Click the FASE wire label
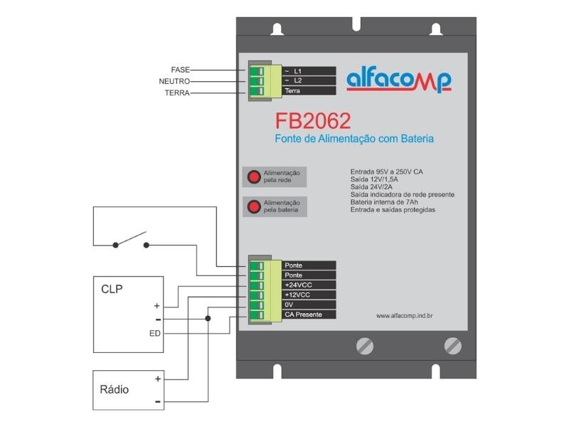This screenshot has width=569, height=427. (180, 70)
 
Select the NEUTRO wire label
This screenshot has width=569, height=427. (174, 81)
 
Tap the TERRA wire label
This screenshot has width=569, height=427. (177, 93)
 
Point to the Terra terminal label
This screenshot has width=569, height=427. (292, 91)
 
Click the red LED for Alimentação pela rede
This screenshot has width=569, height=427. (253, 176)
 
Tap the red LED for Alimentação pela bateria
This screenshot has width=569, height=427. (253, 207)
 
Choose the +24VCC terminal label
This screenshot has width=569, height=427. (297, 285)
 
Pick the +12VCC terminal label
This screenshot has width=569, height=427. (297, 295)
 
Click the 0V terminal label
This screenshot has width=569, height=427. (289, 305)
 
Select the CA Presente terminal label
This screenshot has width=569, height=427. (303, 315)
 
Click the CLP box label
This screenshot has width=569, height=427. (112, 290)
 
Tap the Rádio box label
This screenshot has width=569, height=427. (115, 389)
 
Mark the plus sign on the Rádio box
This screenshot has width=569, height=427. (157, 379)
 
